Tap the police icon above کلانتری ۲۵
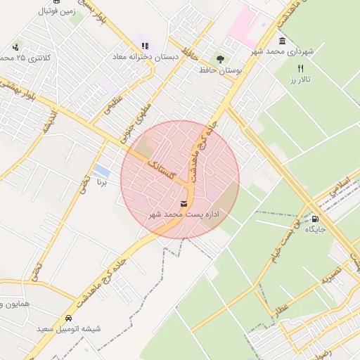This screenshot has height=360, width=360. [x=15, y=48]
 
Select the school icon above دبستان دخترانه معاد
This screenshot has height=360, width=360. [x=146, y=46]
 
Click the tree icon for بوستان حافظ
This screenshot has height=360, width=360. [x=220, y=60]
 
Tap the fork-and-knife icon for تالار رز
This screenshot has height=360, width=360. [x=301, y=69]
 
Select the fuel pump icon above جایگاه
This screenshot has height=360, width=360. [x=314, y=218]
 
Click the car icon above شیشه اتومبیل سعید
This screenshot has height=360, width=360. [x=68, y=318]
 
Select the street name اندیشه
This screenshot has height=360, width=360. [x=49, y=122]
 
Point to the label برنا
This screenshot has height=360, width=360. [x=102, y=182]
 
